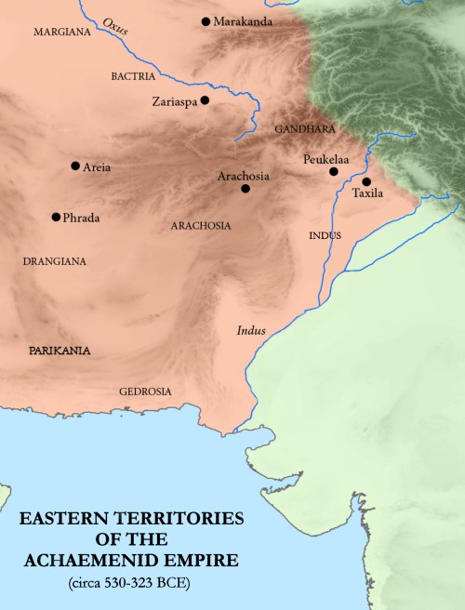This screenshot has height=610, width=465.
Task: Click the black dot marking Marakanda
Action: click(x=206, y=20)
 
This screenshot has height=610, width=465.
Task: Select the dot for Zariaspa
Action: click(x=205, y=100)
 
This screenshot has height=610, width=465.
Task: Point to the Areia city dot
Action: click(x=74, y=166)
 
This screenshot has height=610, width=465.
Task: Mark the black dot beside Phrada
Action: click(x=56, y=217)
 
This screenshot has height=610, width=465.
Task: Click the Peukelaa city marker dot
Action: click(x=333, y=171)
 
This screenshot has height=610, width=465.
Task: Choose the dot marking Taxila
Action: click(x=366, y=181)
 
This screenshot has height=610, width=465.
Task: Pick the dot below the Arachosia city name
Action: click(x=245, y=189)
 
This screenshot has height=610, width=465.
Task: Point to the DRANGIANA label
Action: click(x=55, y=262)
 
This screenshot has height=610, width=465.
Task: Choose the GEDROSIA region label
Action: click(x=145, y=391)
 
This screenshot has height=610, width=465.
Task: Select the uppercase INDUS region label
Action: click(x=325, y=236)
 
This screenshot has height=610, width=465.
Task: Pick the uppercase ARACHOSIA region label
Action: click(x=202, y=225)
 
